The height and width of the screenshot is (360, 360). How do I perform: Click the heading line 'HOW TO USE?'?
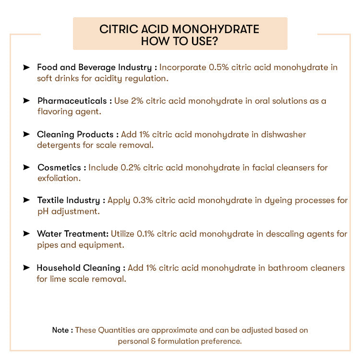click(180, 41)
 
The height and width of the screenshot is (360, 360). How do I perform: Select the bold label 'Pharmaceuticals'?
click(72, 101)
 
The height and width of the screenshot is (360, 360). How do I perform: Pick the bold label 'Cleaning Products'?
click(75, 134)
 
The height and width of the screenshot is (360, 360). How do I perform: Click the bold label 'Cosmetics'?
click(60, 168)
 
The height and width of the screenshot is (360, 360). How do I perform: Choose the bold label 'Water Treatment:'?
click(72, 234)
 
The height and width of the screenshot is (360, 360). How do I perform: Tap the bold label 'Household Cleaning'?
click(78, 268)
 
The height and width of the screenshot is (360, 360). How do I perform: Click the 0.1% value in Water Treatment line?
click(146, 234)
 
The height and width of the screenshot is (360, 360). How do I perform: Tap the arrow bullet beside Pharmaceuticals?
click(26, 101)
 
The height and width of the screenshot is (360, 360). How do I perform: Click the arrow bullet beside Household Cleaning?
click(26, 268)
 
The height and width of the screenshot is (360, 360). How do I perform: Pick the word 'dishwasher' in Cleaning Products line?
click(283, 134)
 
